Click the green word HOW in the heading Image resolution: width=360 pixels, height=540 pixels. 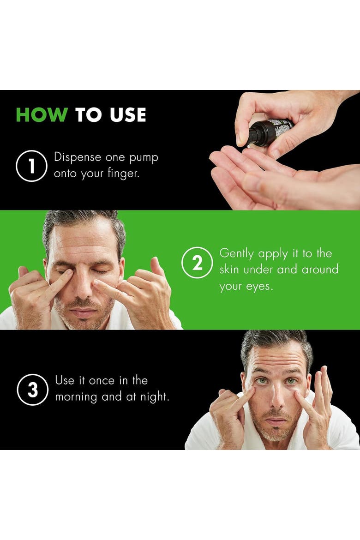pos(42,114)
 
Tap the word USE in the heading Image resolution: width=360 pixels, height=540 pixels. pos(128,114)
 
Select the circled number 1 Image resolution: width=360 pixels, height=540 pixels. pos(31,166)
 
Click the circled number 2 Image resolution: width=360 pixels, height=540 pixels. pos(197,263)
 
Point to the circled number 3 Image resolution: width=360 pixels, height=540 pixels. pos(32,390)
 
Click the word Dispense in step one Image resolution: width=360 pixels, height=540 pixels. pos(78,157)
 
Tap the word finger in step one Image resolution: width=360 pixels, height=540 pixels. pos(123,173)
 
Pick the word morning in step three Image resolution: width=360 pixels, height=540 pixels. pos(76,397)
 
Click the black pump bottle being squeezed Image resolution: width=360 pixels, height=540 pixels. pos(269,132)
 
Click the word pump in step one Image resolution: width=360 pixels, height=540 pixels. pos(144,158)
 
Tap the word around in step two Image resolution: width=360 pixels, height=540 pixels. pos(320,270)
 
